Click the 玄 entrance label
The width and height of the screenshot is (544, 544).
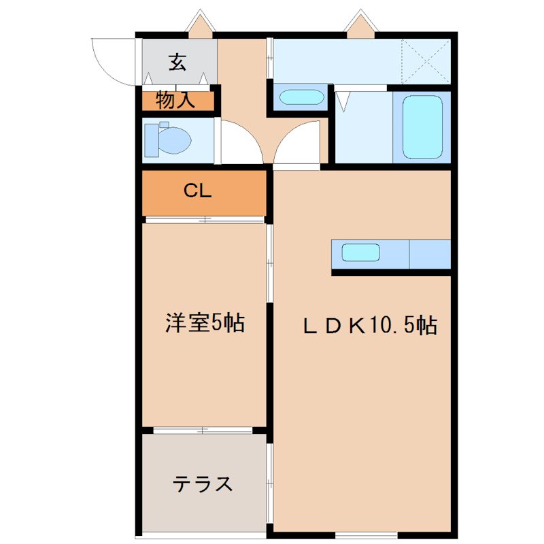pos(177,63)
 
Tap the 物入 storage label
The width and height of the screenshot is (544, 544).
pos(175,101)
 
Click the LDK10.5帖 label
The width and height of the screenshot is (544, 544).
pos(369,326)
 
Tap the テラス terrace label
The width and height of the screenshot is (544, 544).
pos(203,484)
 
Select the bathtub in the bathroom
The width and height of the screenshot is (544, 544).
pos(422,126)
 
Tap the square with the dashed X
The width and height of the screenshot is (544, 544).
pos(425,63)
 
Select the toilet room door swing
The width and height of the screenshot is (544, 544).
pos(238,141)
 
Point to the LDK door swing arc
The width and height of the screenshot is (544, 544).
pos(298,141)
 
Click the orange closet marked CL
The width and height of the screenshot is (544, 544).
pos(204,192)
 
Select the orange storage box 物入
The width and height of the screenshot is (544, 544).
pos(178,101)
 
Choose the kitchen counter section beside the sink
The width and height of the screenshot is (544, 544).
pos(430,254)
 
